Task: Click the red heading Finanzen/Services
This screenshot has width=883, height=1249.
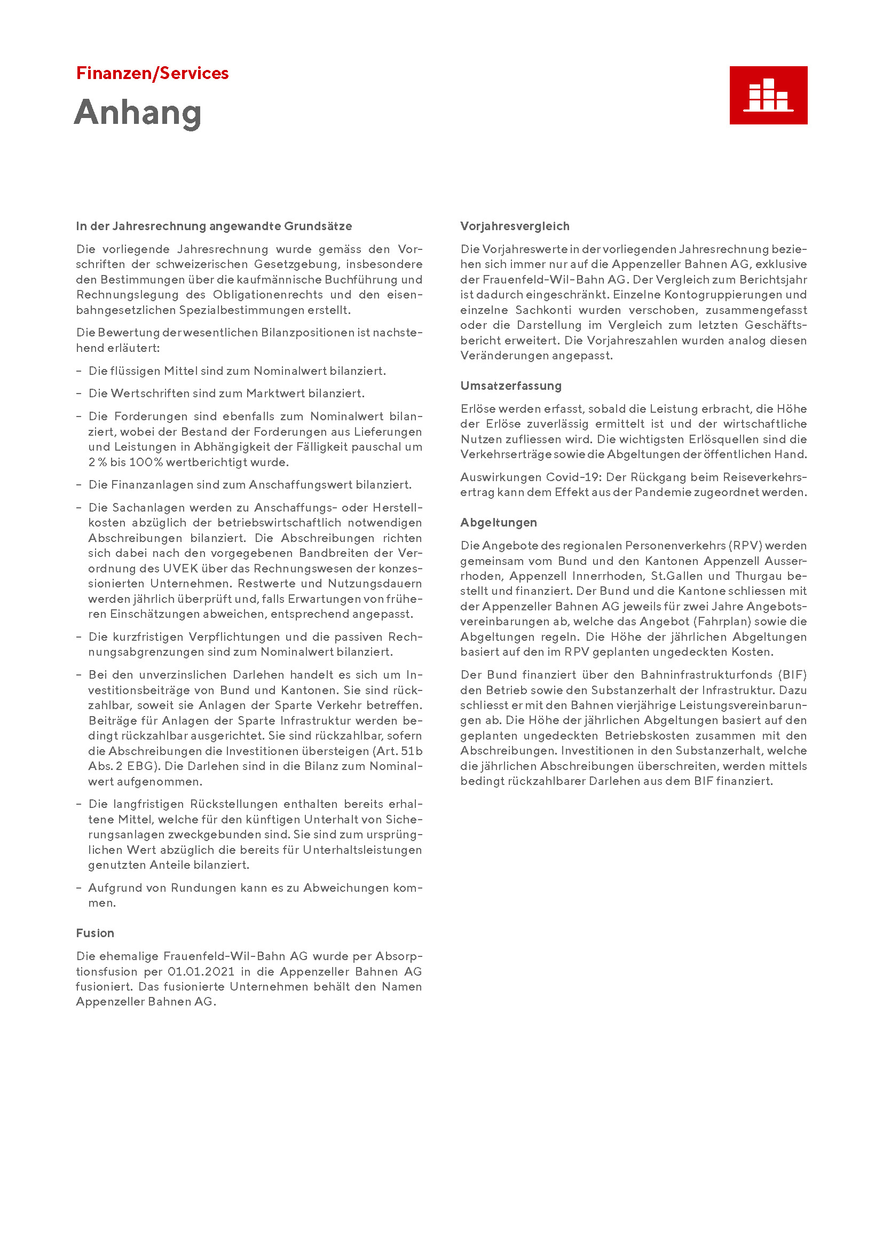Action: point(152,74)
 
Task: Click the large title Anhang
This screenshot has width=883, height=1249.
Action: point(138,113)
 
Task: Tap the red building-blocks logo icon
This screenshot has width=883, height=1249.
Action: point(768,95)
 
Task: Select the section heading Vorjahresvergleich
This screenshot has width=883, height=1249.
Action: point(514,226)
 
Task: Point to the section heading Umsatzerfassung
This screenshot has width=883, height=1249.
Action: point(510,386)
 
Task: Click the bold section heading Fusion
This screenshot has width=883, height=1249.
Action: point(95,933)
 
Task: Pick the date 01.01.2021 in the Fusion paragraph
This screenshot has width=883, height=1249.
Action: point(201,971)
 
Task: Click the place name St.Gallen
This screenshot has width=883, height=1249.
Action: point(674,576)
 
